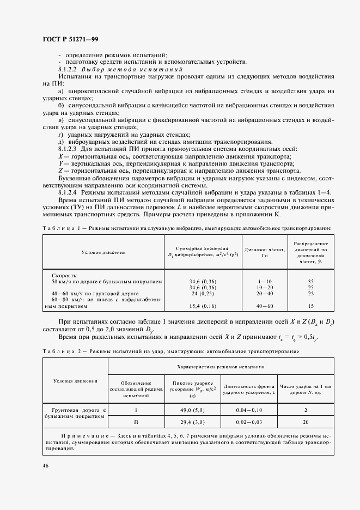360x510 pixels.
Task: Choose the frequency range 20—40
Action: [264, 293]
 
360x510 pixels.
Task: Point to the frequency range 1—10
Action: [264, 282]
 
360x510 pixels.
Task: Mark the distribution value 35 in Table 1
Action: [310, 282]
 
